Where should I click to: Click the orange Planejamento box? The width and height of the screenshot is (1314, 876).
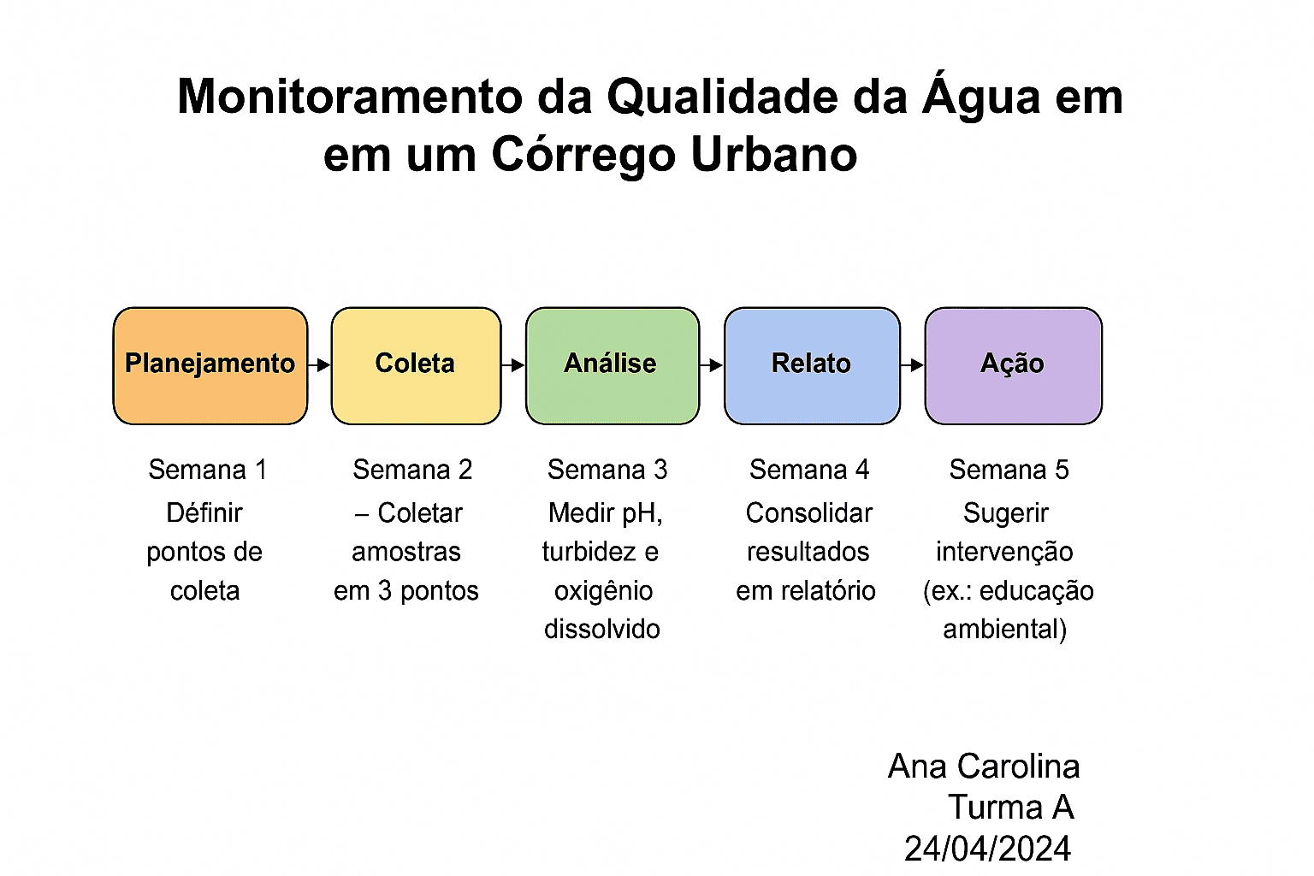coord(210,365)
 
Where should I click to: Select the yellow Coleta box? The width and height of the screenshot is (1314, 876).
coord(416,365)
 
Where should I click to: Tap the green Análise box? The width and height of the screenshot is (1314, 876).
coord(613,365)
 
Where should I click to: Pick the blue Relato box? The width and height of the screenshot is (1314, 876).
coord(812,365)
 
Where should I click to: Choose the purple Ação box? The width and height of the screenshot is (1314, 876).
coord(1013,365)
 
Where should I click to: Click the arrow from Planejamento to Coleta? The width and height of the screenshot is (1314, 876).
coord(319,365)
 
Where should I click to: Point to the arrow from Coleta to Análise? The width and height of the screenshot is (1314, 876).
coord(513,365)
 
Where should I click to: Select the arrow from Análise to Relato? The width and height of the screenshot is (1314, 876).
coord(712,365)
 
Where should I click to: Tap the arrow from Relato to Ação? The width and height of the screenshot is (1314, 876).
coord(912,365)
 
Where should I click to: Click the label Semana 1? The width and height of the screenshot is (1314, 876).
coord(208,470)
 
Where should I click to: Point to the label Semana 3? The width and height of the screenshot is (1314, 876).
coord(607,470)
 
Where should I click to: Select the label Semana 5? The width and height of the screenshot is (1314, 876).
coord(1009,470)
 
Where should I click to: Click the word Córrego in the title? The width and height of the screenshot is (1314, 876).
coord(583,156)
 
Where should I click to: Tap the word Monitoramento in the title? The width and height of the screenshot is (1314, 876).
coord(350,97)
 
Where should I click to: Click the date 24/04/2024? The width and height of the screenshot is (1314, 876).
coord(988,849)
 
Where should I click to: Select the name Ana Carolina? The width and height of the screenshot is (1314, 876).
coord(984,766)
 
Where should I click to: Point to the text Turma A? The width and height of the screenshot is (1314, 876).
coord(1011,807)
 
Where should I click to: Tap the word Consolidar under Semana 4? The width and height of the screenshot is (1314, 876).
coord(809,512)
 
